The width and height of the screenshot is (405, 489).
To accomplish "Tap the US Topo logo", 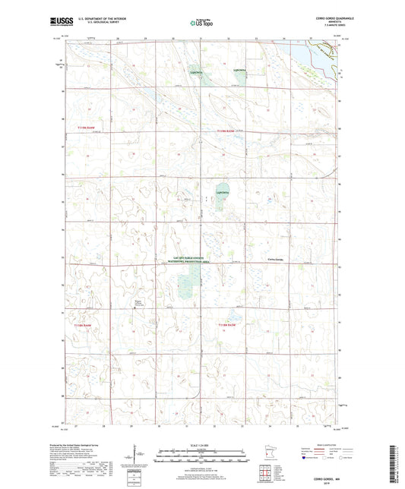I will coord(202,24).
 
